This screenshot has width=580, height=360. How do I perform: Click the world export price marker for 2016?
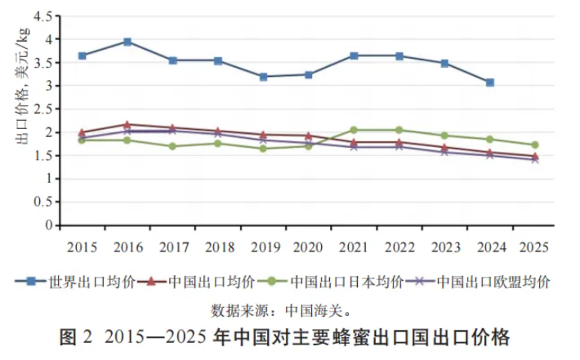(x=127, y=42)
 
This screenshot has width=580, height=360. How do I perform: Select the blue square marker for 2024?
(x=489, y=82)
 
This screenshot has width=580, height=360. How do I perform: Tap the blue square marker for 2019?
(x=263, y=77)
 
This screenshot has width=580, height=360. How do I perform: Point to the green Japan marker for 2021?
(x=354, y=130)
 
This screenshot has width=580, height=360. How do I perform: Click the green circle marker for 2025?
(x=534, y=144)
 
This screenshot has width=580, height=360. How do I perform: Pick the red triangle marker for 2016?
(x=127, y=124)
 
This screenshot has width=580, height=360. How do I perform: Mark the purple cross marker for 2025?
(x=534, y=159)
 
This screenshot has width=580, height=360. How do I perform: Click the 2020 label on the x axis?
(x=308, y=246)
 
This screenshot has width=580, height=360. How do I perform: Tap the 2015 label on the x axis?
(x=83, y=246)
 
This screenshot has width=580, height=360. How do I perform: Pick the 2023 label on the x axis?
(x=444, y=246)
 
